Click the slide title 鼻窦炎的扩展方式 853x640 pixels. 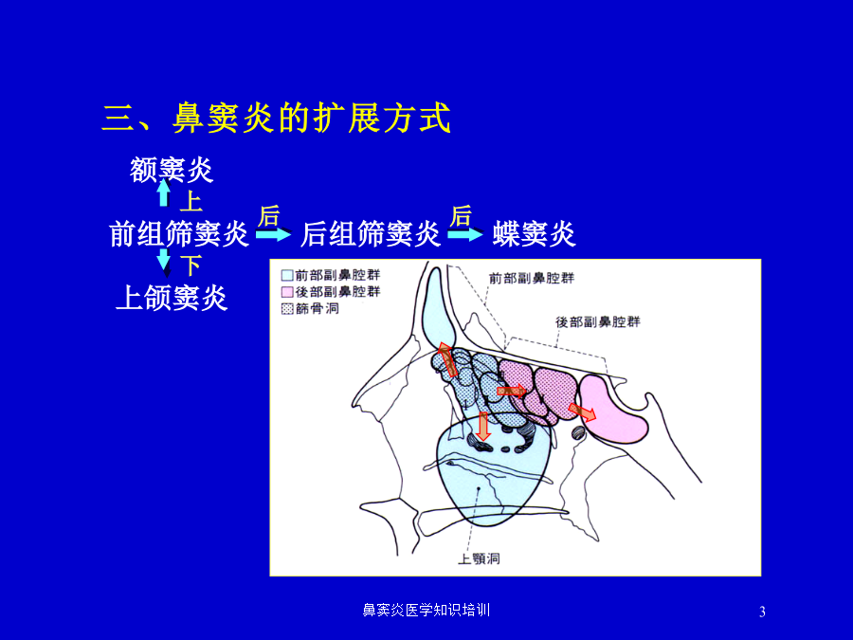point(312,119)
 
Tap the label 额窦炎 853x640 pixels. point(171,170)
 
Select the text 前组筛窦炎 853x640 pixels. point(179,234)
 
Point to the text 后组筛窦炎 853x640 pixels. point(371,234)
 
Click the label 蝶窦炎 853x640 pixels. point(534,234)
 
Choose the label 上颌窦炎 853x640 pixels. point(172,298)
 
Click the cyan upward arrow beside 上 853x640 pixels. point(164,192)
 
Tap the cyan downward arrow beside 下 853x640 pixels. point(164,262)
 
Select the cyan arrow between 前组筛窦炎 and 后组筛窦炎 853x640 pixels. point(274,234)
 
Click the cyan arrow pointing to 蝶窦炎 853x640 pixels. point(465,234)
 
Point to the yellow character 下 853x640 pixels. point(191,265)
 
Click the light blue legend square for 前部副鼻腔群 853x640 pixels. point(287,275)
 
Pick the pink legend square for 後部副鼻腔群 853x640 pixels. point(287,292)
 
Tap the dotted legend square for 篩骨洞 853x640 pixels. point(287,309)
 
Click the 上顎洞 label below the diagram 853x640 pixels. point(479,558)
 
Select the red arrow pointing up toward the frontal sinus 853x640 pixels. point(447,359)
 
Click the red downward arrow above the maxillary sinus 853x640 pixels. point(482,426)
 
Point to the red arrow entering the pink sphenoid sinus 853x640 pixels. point(582,411)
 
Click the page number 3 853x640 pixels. point(762,612)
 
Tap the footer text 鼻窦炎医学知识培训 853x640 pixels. point(426,610)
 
